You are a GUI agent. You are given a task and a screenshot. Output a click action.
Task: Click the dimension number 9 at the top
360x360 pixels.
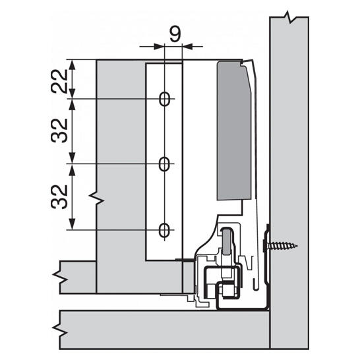tap(175, 34)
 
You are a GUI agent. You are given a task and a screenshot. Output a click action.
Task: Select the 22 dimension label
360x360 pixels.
tap(59, 81)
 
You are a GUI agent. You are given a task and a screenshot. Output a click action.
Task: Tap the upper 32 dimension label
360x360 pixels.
tap(59, 131)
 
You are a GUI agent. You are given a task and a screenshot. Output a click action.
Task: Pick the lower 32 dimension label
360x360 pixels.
tap(59, 196)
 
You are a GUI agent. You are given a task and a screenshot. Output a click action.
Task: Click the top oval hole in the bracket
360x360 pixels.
tap(165, 99)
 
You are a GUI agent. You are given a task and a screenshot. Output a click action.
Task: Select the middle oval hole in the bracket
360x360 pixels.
tap(164, 164)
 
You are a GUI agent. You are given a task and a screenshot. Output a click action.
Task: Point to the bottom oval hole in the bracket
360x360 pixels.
tap(164, 230)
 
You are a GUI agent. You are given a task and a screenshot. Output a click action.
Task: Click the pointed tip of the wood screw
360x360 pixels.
tap(297, 247)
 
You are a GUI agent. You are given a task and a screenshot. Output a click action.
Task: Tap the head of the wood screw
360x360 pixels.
tap(267, 246)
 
